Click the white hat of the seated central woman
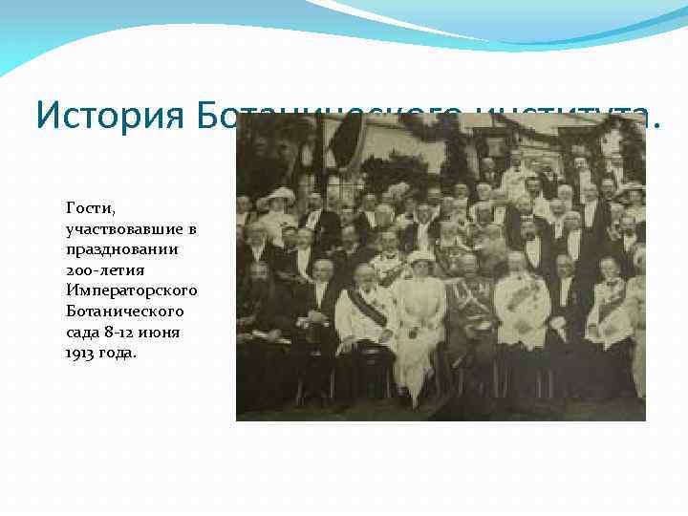419,257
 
